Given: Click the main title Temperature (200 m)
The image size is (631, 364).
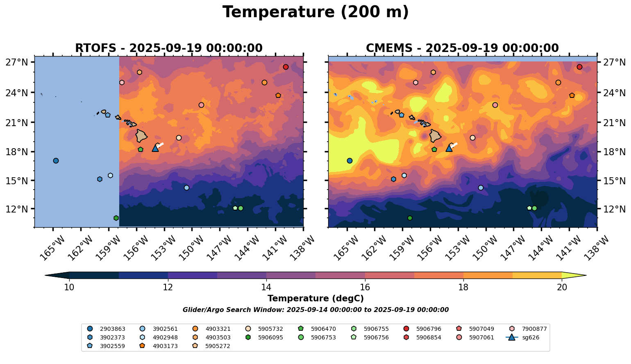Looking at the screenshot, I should pyautogui.click(x=315, y=12).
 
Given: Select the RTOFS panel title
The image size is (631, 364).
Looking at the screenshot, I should pyautogui.click(x=168, y=48).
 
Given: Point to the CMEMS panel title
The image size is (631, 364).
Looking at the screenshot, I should pyautogui.click(x=462, y=48).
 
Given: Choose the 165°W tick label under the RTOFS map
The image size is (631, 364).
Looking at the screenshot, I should pyautogui.click(x=52, y=248).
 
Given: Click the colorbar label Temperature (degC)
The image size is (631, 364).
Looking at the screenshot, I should pyautogui.click(x=315, y=298).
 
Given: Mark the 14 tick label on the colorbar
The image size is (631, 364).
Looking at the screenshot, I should pyautogui.click(x=266, y=287).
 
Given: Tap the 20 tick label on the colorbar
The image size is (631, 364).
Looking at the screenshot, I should pyautogui.click(x=562, y=287).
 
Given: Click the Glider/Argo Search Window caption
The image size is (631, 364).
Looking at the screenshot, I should pyautogui.click(x=315, y=310).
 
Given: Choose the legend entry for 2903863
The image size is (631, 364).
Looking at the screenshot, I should pyautogui.click(x=107, y=329).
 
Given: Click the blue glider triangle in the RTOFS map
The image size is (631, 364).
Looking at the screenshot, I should pyautogui.click(x=155, y=148).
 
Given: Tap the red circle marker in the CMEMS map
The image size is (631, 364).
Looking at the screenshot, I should pyautogui.click(x=579, y=67).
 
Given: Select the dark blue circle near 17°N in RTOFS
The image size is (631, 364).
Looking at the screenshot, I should pyautogui.click(x=56, y=161).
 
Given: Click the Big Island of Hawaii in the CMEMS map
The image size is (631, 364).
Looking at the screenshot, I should pyautogui.click(x=435, y=136).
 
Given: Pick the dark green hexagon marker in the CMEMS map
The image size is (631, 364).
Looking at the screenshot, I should pyautogui.click(x=410, y=218).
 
